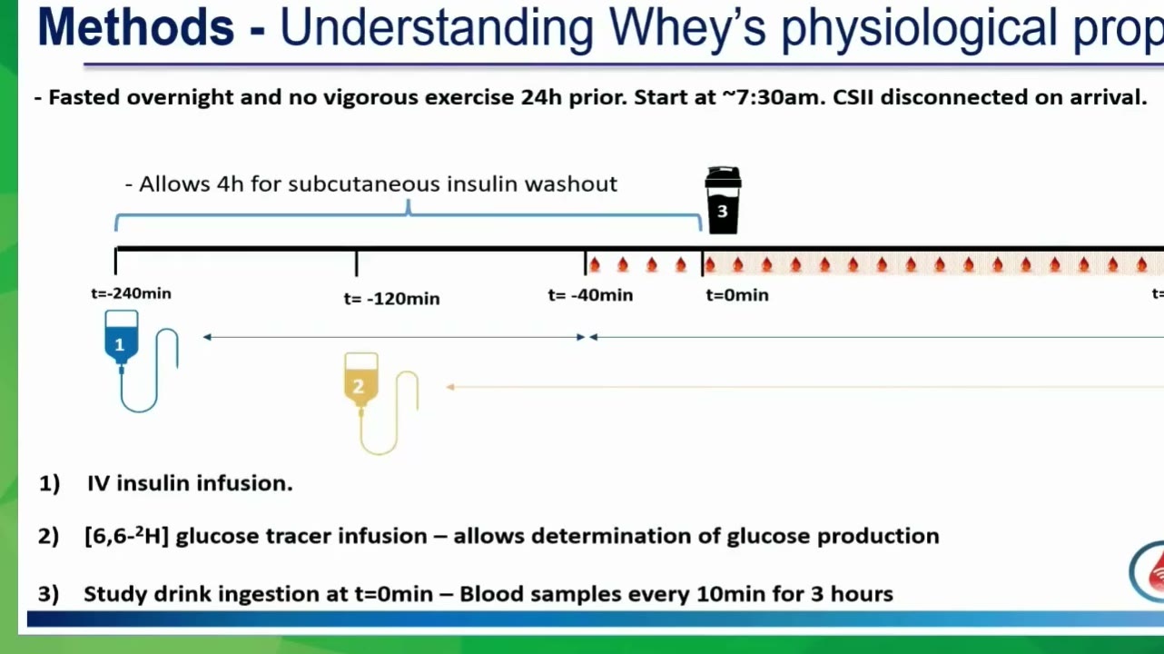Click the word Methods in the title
click(135, 28)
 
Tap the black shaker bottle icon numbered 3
click(723, 200)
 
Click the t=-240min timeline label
click(131, 293)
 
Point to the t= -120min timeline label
click(392, 299)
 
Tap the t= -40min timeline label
click(590, 295)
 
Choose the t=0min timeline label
click(737, 295)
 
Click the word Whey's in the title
click(687, 29)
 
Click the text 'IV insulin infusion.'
click(190, 483)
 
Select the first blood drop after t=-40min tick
click(595, 265)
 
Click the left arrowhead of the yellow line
click(450, 387)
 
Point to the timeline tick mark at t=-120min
click(357, 263)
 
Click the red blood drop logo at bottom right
click(1153, 572)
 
